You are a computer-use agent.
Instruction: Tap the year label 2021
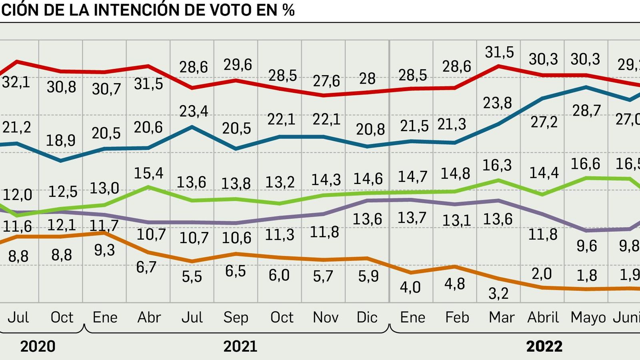tap(240, 346)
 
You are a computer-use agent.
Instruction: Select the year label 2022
tap(544, 346)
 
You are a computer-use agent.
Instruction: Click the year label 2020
tap(38, 346)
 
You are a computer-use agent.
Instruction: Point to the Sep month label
tap(236, 317)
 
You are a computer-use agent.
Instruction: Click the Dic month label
tap(367, 317)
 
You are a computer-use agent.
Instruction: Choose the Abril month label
tap(543, 317)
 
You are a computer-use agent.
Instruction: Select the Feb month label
tap(457, 317)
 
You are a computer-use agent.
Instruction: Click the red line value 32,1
tap(16, 82)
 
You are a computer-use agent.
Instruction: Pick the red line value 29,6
tap(238, 64)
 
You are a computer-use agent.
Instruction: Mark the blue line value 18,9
tap(60, 140)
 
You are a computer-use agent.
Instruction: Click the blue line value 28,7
tap(586, 110)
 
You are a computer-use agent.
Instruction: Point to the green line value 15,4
tap(148, 173)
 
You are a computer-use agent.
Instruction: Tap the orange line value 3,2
tap(498, 294)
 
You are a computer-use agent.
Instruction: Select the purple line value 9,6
tap(586, 246)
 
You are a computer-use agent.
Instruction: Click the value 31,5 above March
tap(499, 52)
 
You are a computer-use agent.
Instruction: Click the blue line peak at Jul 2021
tap(192, 127)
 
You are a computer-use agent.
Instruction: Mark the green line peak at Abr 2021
tap(148, 187)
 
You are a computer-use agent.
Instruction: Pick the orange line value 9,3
tap(104, 250)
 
